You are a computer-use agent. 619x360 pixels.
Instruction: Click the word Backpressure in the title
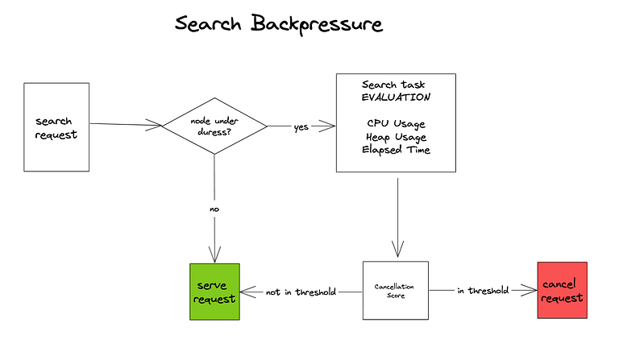317,24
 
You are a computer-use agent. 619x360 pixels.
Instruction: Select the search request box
56,126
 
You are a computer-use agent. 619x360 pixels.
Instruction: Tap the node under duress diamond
215,126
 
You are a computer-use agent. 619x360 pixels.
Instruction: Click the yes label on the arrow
301,126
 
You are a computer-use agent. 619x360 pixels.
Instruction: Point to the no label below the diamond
214,209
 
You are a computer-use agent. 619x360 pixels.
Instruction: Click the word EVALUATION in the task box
396,97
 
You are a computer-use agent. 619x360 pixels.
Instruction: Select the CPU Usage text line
396,123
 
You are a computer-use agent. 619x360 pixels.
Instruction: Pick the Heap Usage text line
396,137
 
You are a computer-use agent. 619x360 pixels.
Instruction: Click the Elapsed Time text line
396,150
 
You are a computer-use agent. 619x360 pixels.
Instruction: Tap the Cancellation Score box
395,290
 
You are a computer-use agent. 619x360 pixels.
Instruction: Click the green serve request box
214,292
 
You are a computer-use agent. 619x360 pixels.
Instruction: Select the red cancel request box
562,291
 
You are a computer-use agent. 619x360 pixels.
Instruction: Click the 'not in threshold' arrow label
301,292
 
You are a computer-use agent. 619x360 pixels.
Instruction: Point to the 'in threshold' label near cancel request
483,291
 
